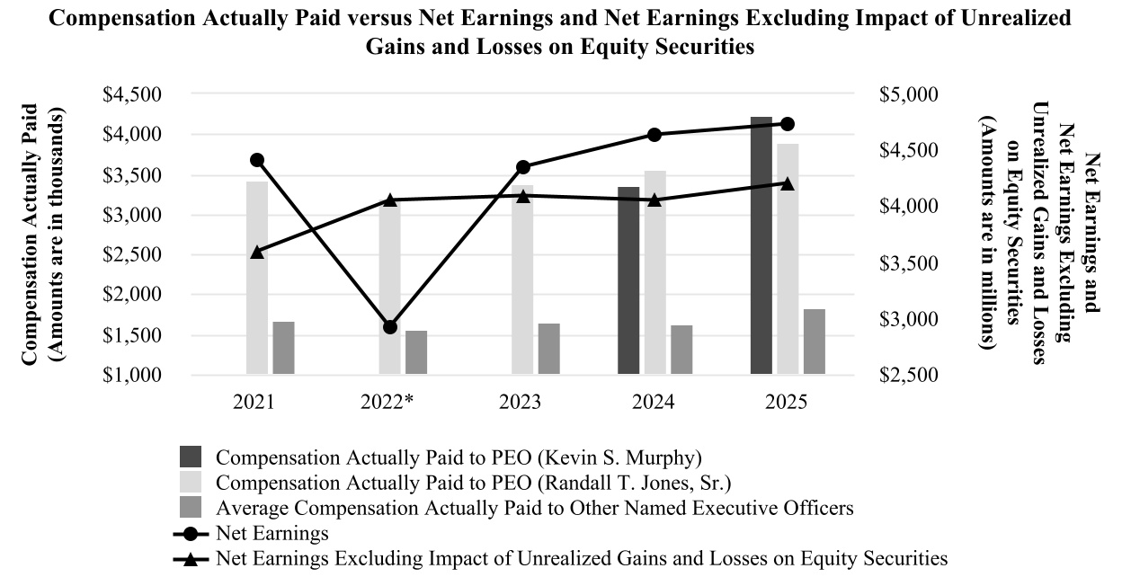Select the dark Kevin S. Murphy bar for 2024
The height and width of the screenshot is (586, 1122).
[x=628, y=280]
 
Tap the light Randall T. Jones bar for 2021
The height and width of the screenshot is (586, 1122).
[x=257, y=278]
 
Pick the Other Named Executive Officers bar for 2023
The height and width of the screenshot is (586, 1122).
[x=549, y=349]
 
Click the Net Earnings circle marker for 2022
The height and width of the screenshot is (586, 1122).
[x=389, y=327]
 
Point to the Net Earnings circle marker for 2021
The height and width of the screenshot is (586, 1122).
[x=257, y=160]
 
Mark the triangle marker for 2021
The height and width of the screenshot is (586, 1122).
[x=257, y=252]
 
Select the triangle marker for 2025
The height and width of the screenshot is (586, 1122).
[x=788, y=183]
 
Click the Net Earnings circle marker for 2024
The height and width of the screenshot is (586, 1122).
[x=654, y=135]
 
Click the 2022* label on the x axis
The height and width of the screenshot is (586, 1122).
[x=389, y=402]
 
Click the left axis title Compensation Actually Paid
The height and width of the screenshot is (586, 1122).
[x=31, y=235]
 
